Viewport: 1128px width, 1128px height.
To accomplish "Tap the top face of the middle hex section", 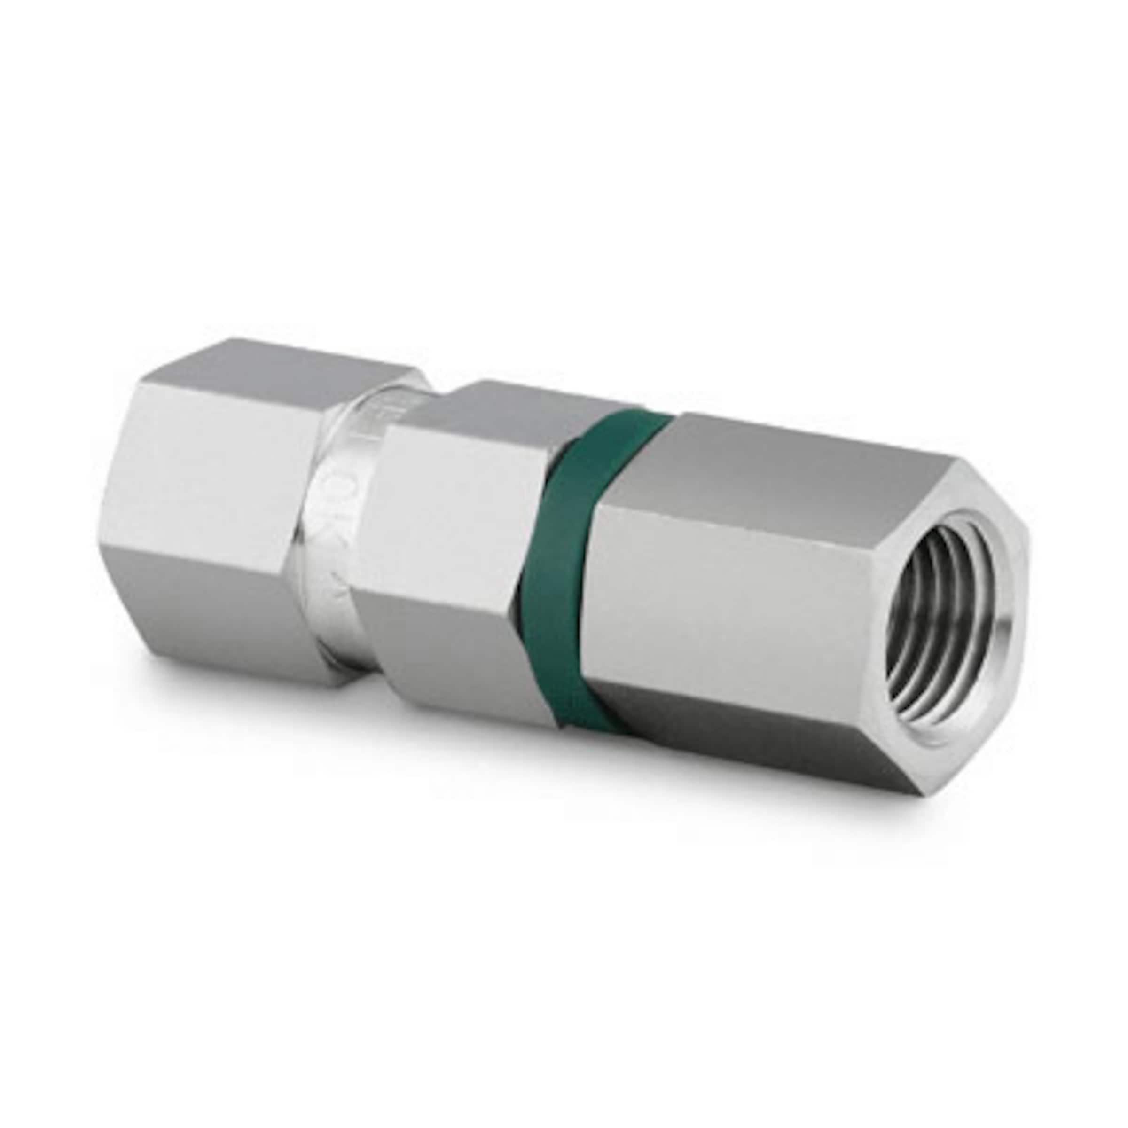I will point(514,403).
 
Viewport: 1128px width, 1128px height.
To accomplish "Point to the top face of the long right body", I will point(788,444).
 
